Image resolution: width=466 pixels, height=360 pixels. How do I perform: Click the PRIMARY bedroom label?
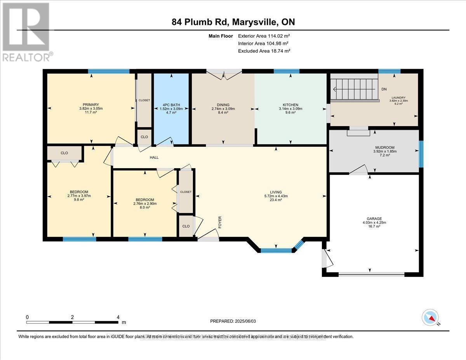pos(90,104)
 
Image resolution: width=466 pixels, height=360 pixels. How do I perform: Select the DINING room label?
pos(223,105)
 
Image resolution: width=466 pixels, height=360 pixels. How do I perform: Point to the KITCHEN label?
pos(290,105)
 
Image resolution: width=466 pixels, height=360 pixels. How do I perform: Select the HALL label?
pos(154,158)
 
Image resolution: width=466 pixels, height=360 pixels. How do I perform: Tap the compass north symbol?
pos(430,317)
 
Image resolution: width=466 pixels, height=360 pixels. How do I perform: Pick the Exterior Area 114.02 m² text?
pos(263,36)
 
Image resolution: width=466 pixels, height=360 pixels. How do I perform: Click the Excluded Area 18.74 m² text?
pos(264,51)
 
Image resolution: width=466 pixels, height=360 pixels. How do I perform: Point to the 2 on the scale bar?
pos(72,317)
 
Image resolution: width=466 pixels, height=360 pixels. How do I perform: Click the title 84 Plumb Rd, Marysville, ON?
pos(233,22)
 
